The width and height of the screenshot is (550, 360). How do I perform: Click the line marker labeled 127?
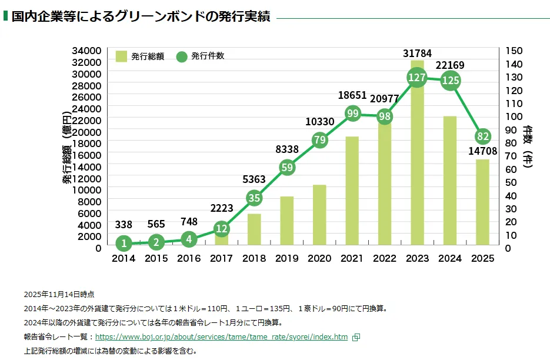click(x=417, y=78)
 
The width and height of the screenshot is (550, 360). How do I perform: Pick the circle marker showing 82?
click(x=483, y=136)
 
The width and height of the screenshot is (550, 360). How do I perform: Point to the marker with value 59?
click(x=286, y=167)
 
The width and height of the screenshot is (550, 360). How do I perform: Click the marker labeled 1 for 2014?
click(x=124, y=243)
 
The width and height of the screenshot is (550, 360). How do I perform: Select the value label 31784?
click(x=417, y=54)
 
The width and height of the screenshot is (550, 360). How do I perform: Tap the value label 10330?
click(x=319, y=122)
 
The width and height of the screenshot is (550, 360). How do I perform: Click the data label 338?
click(x=124, y=224)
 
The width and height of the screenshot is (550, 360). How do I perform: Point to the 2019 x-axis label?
click(x=286, y=258)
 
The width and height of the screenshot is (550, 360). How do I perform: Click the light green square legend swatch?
click(x=121, y=56)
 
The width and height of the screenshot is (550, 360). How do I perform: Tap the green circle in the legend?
click(x=182, y=56)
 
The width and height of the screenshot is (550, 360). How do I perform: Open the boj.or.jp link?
click(x=221, y=337)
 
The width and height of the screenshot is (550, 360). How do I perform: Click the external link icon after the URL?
click(x=355, y=337)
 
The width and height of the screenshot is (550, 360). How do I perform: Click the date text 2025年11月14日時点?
click(x=59, y=294)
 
